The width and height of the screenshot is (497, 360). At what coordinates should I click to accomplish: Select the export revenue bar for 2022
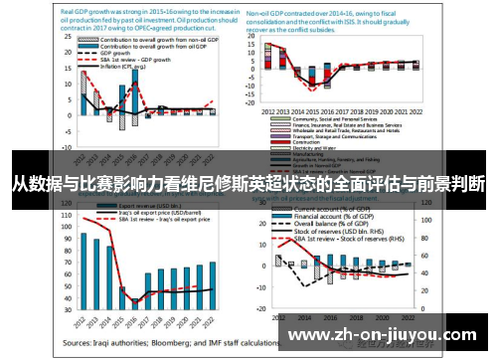[x=213, y=284]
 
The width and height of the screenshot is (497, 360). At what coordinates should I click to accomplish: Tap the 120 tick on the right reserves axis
[x=426, y=212]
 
